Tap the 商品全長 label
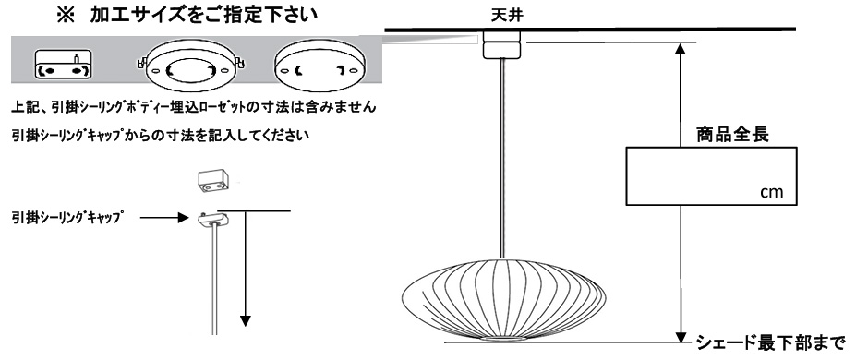732,134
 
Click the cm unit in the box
771,193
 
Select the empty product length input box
711,176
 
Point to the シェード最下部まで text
770,343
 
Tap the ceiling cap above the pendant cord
500,44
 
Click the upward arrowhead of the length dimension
681,49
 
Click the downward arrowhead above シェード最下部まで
681,335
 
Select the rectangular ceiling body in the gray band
63,65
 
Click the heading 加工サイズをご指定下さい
204,15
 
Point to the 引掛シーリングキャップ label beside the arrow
66,218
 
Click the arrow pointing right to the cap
164,218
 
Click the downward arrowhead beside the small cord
246,320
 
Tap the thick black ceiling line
590,29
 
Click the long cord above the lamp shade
500,158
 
